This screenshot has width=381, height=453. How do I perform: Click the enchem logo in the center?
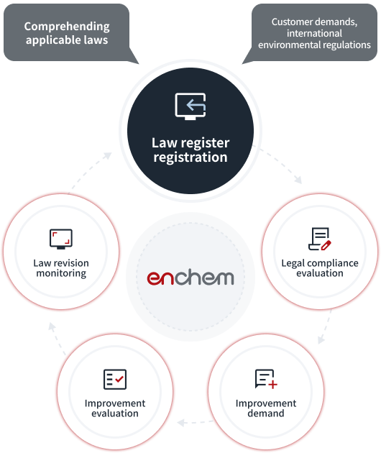click(190, 277)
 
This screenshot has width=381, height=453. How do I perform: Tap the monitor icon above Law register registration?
click(190, 106)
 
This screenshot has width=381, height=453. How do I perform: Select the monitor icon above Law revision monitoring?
click(61, 239)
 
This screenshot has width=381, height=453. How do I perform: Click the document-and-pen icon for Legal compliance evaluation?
click(320, 239)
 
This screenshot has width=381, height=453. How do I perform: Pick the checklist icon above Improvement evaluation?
click(115, 379)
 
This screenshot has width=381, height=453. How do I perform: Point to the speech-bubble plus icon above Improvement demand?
click(266, 379)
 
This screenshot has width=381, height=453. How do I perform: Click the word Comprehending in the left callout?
click(67, 27)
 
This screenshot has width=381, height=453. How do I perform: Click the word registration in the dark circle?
click(190, 157)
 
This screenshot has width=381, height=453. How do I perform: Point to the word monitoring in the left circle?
click(61, 273)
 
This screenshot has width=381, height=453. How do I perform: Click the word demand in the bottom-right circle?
click(266, 413)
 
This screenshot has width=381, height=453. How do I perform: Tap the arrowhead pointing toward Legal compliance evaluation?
click(298, 180)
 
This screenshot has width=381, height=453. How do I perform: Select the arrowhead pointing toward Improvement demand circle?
click(321, 339)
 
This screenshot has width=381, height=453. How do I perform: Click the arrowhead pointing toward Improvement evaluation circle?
click(181, 423)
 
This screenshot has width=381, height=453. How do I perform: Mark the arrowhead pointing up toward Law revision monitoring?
click(52, 326)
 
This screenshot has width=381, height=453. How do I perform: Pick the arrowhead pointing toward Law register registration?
click(107, 155)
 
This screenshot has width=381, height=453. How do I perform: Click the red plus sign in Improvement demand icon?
click(272, 385)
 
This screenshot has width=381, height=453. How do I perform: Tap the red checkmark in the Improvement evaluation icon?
click(119, 379)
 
